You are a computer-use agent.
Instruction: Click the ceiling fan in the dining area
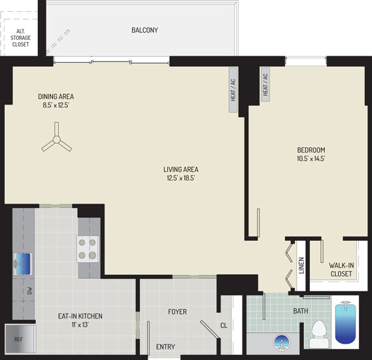(56, 139)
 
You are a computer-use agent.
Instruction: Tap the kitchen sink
(23, 264)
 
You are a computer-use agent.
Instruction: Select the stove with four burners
(88, 249)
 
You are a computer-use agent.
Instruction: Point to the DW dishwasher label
(29, 291)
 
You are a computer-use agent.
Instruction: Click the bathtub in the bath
(345, 322)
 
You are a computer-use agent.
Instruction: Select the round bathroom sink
(281, 344)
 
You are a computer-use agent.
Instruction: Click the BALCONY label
(144, 30)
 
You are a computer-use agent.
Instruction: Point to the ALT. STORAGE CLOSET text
(21, 38)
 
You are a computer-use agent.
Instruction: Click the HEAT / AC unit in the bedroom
(265, 84)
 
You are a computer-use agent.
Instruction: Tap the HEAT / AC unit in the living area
(233, 90)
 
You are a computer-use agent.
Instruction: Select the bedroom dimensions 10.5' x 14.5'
(311, 158)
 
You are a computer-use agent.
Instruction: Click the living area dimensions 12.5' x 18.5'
(181, 178)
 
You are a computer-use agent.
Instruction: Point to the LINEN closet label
(301, 266)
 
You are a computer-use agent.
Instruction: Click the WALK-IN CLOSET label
(341, 270)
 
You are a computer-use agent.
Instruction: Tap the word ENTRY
(165, 347)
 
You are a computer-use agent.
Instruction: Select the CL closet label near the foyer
(224, 325)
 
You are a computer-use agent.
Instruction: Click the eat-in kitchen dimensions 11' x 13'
(80, 325)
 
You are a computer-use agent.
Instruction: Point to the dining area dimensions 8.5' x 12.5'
(56, 105)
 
